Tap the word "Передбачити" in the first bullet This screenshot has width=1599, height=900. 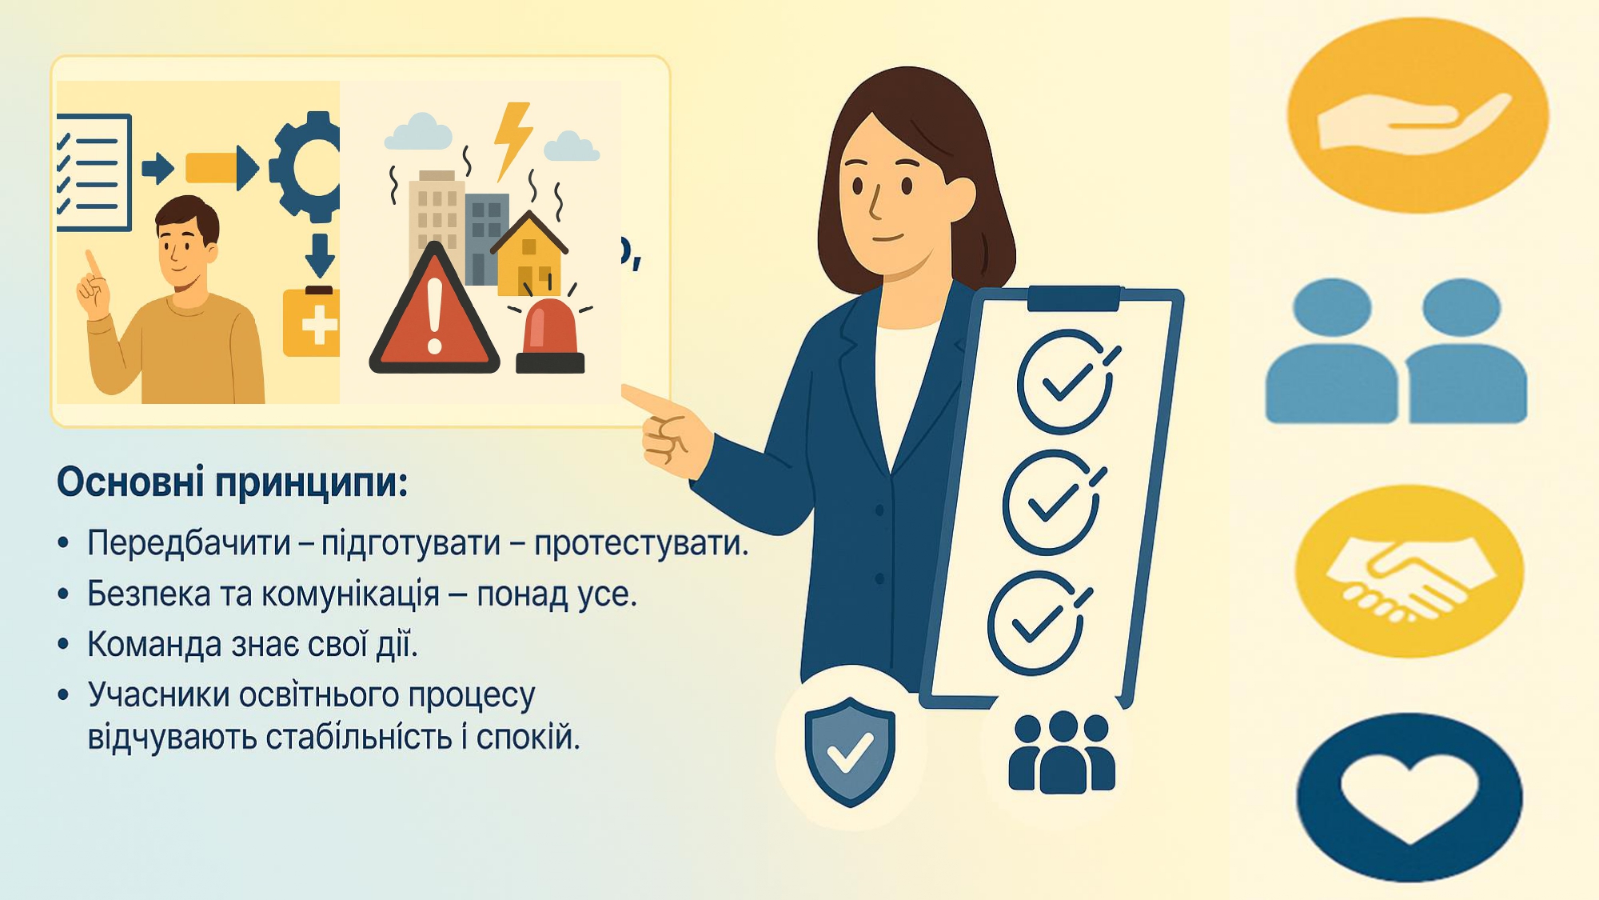(x=189, y=542)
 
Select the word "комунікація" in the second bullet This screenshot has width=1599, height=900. (x=350, y=594)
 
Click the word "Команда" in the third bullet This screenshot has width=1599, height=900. (x=154, y=644)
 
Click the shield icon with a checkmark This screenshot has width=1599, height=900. (x=850, y=751)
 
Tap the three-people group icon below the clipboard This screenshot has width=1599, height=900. (x=1062, y=751)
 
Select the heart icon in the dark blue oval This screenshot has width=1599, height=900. (x=1410, y=798)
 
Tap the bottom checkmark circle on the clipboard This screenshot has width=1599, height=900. (x=1037, y=623)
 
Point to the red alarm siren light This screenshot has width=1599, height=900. (x=550, y=336)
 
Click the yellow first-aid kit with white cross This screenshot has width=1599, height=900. (x=312, y=322)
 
